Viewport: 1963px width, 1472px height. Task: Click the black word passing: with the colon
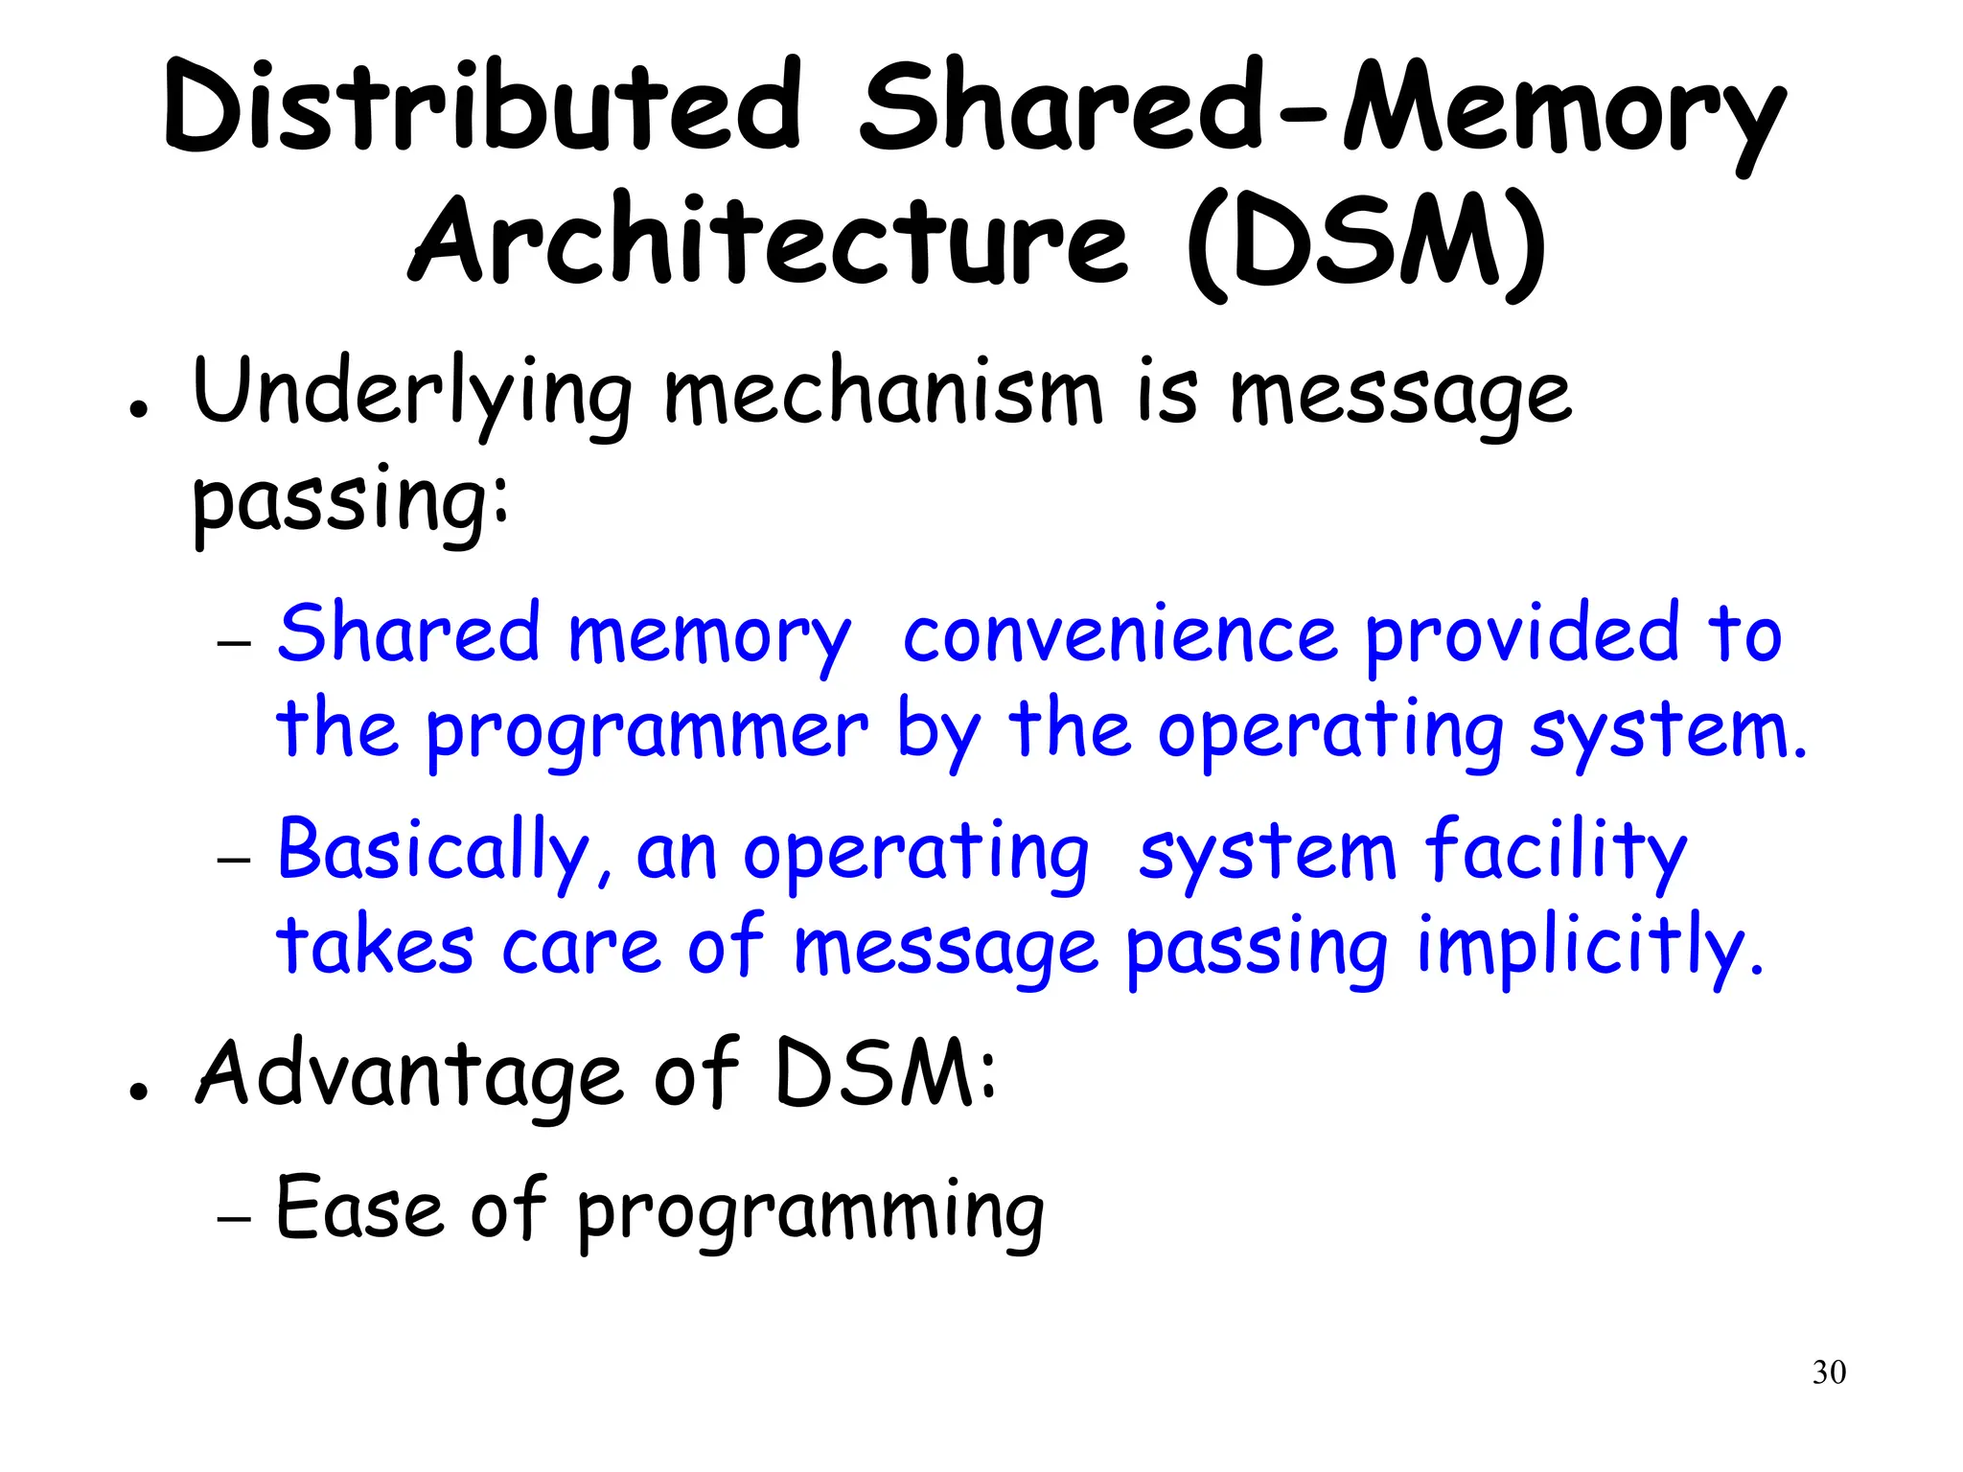point(351,500)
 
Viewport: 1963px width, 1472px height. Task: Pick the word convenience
point(1120,634)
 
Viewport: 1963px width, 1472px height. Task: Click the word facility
point(1555,851)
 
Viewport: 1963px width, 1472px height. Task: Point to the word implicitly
point(1589,948)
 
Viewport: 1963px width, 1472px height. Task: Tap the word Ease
point(359,1209)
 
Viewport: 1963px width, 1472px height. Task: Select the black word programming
point(811,1213)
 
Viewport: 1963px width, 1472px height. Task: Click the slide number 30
point(1829,1372)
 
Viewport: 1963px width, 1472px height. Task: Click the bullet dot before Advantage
point(139,1091)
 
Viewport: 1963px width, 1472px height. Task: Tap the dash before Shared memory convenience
point(234,643)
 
